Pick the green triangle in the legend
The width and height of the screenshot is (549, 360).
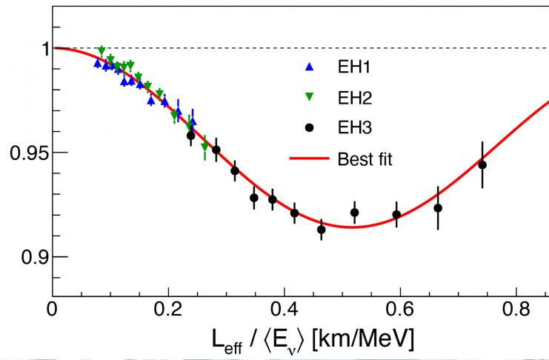tap(310, 98)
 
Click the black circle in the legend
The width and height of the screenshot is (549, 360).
tap(310, 127)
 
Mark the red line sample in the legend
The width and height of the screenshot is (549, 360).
tap(309, 159)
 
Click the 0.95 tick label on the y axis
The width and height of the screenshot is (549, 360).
tap(25, 153)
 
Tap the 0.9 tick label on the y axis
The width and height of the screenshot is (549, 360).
tap(31, 257)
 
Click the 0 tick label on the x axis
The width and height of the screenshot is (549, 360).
tap(52, 307)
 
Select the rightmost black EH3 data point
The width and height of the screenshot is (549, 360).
tap(482, 164)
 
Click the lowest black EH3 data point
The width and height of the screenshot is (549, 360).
tap(322, 230)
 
